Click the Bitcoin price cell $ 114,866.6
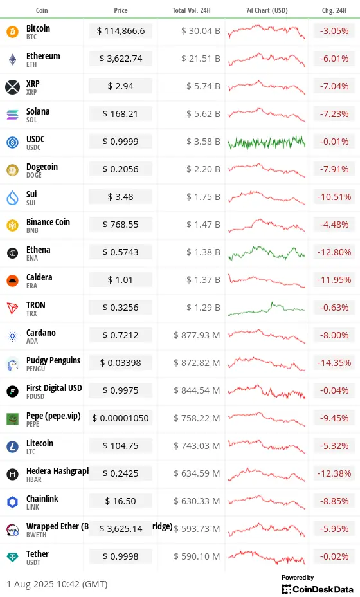pyautogui.click(x=121, y=32)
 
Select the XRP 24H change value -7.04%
pyautogui.click(x=333, y=87)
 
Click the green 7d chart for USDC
pyautogui.click(x=267, y=142)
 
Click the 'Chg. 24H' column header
pyautogui.click(x=333, y=10)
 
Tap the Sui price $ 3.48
pyautogui.click(x=121, y=197)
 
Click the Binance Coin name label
pyautogui.click(x=48, y=222)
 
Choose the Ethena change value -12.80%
pyautogui.click(x=333, y=253)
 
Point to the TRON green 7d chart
pyautogui.click(x=267, y=308)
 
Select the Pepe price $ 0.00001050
pyautogui.click(x=121, y=419)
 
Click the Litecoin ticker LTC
pyautogui.click(x=32, y=452)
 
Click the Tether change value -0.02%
pyautogui.click(x=333, y=557)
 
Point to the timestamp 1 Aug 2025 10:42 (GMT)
pyautogui.click(x=57, y=584)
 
